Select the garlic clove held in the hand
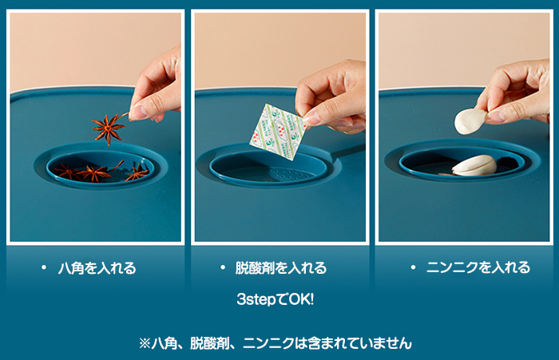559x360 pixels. point(470,121)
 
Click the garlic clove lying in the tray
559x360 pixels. point(474,165)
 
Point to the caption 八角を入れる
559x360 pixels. point(97,268)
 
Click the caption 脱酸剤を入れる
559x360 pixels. point(281,268)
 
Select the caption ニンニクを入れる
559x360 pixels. point(478,267)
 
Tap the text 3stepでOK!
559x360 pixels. point(276,299)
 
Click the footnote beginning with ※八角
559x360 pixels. point(276,343)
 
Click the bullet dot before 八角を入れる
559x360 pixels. point(44,267)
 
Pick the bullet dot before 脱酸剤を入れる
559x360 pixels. point(223,267)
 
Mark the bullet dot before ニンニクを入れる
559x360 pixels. point(413,267)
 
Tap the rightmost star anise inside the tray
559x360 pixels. point(137,172)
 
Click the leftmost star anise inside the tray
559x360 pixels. point(66,172)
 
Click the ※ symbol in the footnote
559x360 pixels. point(145,343)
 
